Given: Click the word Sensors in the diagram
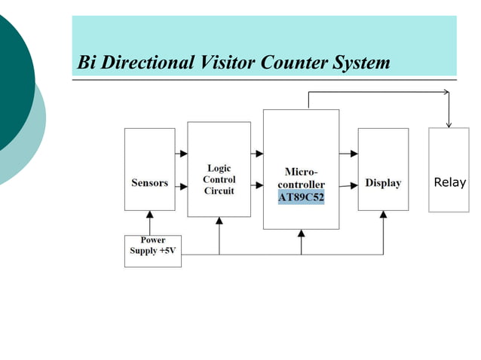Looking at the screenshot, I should coord(149,183).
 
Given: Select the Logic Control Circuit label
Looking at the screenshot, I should coord(219,179).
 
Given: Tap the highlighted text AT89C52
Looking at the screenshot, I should coord(302,197).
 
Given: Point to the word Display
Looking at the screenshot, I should coord(383,183).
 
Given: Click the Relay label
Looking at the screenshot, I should coord(450,182).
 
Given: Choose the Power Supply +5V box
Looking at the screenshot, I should coord(152,246).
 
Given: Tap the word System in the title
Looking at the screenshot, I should coord(360,63).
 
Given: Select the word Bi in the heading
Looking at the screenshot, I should coord(87,63).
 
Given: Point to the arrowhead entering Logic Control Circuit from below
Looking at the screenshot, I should coord(219,221).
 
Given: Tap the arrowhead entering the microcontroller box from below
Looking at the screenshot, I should coord(302,233).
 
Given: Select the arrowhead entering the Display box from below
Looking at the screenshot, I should coord(383,215).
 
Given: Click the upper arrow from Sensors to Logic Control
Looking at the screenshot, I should coord(181,154).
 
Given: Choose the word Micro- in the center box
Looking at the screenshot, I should coord(301,172).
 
